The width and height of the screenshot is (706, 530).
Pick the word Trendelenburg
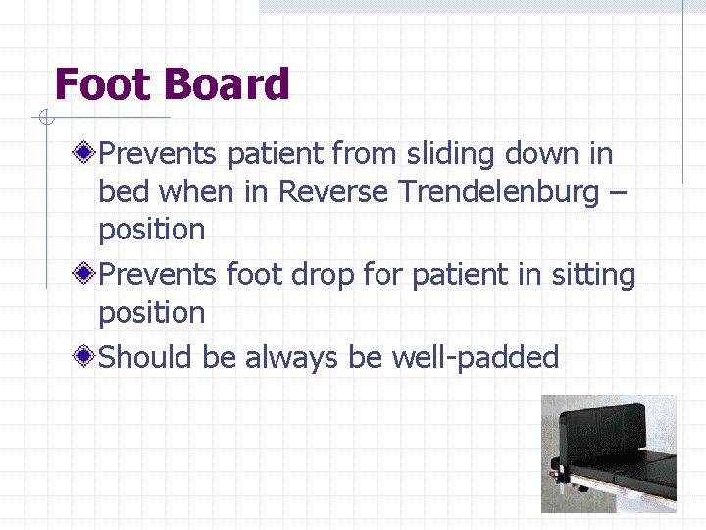coord(498,191)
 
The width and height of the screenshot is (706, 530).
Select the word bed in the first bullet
coord(119,191)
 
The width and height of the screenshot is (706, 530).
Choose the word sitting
coord(591,276)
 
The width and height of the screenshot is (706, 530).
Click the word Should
coord(147,358)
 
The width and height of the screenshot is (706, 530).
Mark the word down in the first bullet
coord(546,154)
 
